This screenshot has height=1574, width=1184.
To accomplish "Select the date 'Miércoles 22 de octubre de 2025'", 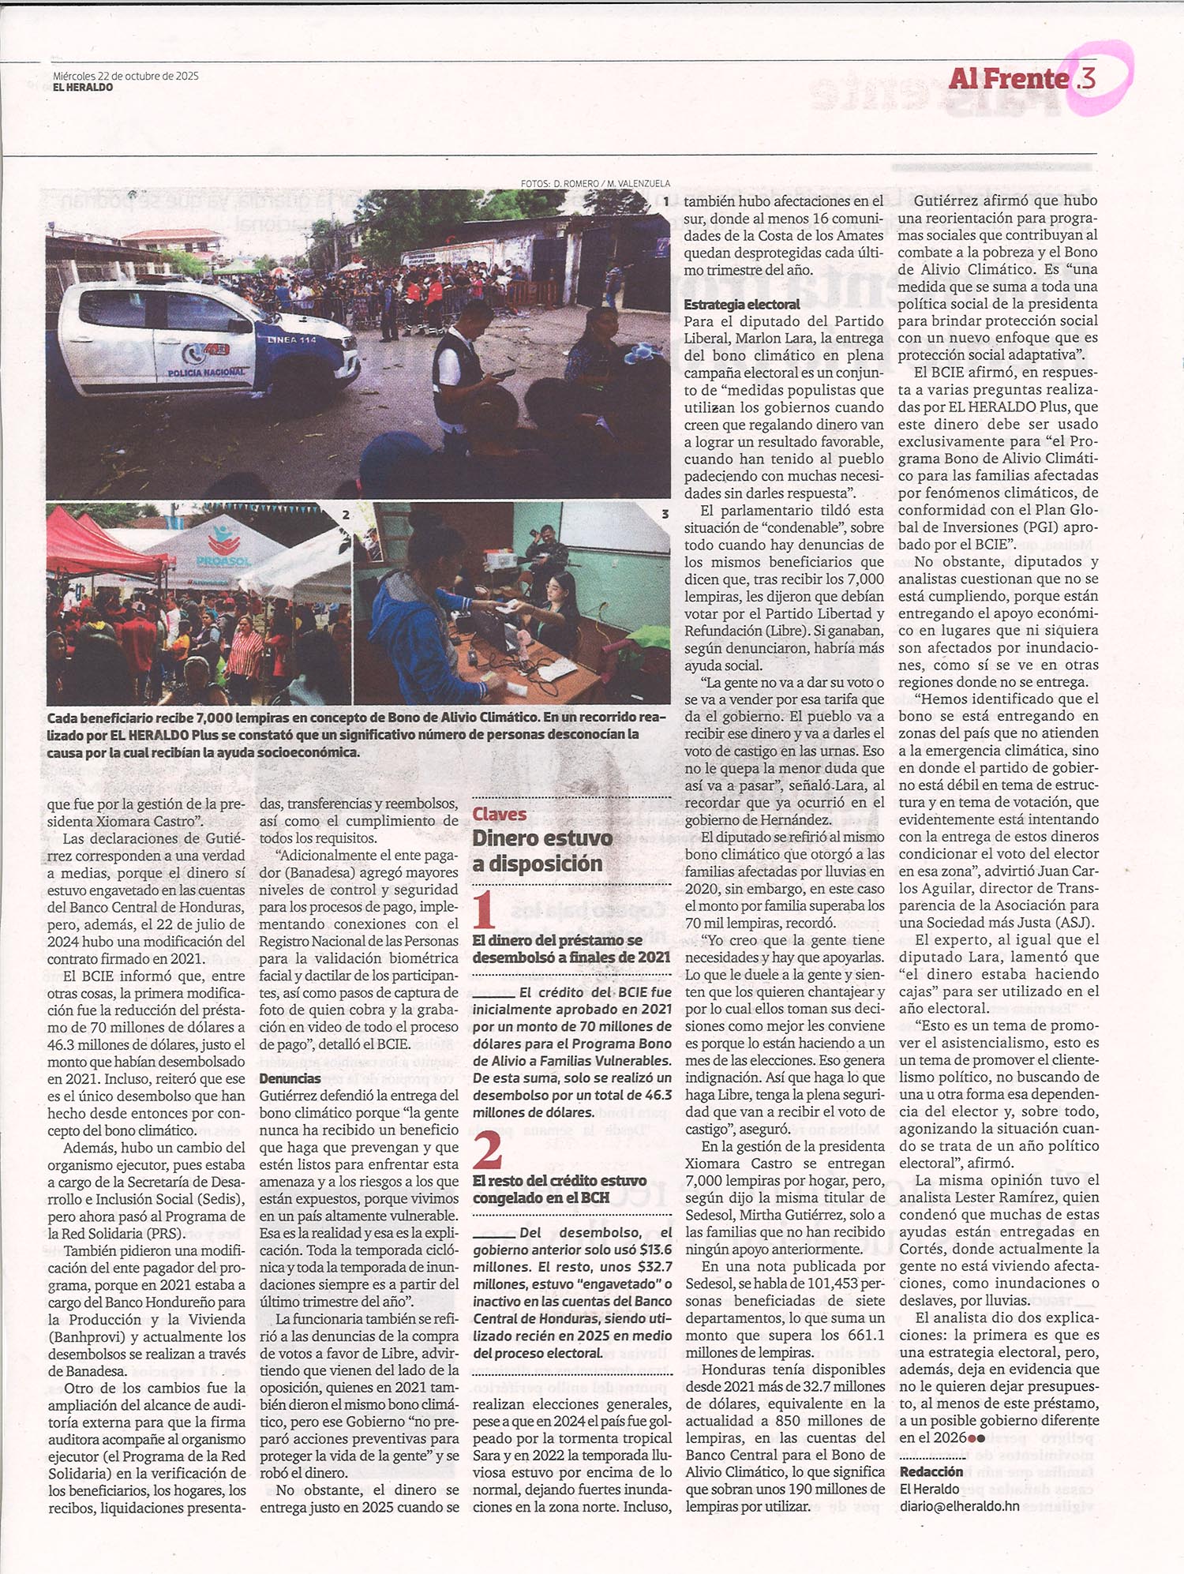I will coord(126,76).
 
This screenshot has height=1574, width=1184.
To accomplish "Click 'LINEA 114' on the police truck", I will coord(291,339).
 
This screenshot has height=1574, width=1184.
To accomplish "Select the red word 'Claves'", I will coord(499,814).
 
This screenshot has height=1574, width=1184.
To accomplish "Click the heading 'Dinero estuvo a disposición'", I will coord(542,850).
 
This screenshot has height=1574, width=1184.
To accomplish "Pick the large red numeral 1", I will coord(484,909).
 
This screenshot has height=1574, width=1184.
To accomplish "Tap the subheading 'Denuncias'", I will coord(290,1078).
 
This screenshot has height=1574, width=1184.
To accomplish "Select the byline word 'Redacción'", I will coord(931,1471).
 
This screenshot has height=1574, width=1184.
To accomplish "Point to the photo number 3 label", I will coord(665,514).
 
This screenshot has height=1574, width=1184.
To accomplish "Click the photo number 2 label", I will coord(346,515).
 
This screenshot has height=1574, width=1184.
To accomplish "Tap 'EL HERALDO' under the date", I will coord(83,88).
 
